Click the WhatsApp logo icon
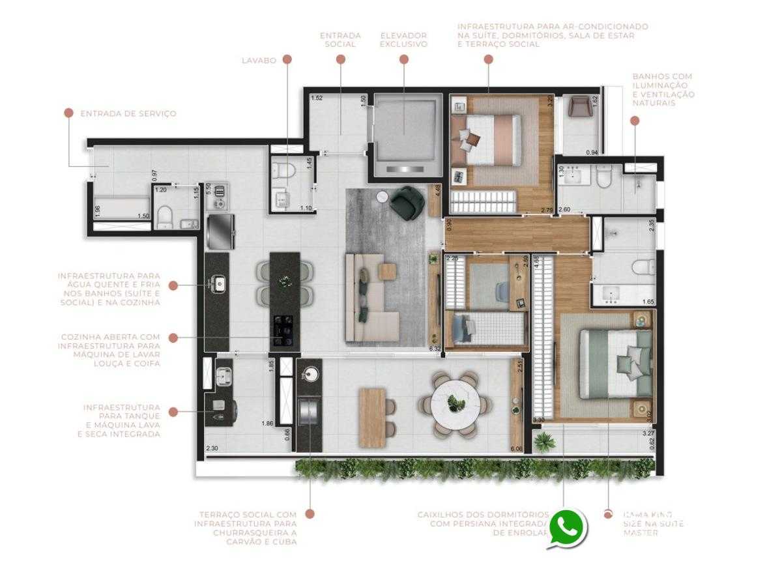pyautogui.click(x=568, y=527)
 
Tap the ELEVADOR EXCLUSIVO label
pyautogui.click(x=403, y=40)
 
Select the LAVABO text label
pyautogui.click(x=258, y=60)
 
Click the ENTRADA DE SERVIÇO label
pyautogui.click(x=128, y=113)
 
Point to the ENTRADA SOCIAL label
pyautogui.click(x=340, y=40)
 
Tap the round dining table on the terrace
pyautogui.click(x=456, y=403)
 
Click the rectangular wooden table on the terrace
pyautogui.click(x=372, y=416)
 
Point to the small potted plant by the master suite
pyautogui.click(x=543, y=441)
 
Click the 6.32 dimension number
pyautogui.click(x=435, y=349)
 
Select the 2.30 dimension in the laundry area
pyautogui.click(x=212, y=448)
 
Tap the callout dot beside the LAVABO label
pyautogui.click(x=288, y=59)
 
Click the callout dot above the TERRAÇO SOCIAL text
pyautogui.click(x=310, y=514)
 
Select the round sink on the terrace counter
pyautogui.click(x=310, y=373)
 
